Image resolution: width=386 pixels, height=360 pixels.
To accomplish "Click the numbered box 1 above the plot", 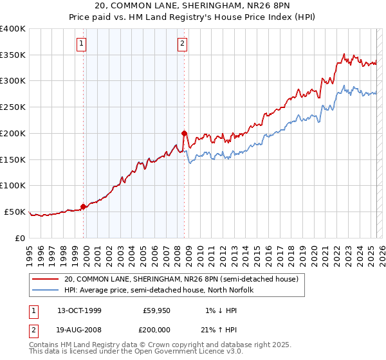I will coord(83,44).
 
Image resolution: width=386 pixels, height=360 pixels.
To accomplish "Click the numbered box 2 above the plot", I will coord(183,44).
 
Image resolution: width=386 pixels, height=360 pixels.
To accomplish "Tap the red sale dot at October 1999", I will coord(84,206).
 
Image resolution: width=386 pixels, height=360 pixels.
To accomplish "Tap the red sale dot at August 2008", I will coord(184,133).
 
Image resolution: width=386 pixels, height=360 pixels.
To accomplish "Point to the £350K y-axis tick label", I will coord(13,55).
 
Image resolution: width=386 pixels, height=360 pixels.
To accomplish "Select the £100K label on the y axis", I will coord(13,186).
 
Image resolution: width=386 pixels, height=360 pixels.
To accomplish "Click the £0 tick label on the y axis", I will coord(20,238).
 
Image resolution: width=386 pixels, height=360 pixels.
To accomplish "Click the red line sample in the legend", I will coord(46,280).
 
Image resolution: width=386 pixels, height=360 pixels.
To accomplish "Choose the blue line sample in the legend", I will coord(46,291).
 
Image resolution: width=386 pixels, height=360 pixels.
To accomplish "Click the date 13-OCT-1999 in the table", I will coord(79,310).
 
